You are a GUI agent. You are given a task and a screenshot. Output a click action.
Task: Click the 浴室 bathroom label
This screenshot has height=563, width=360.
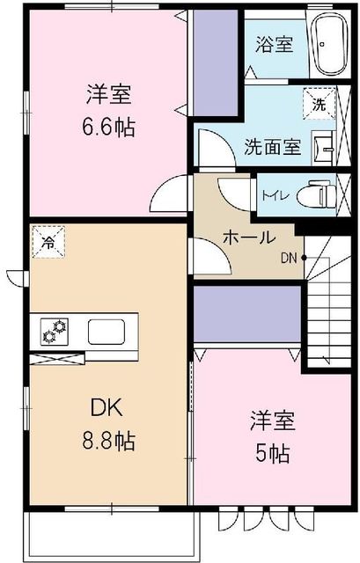pos(275,43)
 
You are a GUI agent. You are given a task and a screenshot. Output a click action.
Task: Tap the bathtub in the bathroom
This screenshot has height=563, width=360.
pos(333,46)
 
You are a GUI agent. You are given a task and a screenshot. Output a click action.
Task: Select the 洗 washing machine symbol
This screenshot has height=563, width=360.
pos(318,104)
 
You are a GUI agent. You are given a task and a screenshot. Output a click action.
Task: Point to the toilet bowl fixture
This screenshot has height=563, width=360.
pos(318,194)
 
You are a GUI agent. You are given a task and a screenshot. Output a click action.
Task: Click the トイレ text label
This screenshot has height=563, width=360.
pos(269,192)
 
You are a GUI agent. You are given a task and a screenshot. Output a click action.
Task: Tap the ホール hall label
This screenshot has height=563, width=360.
pos(250,237)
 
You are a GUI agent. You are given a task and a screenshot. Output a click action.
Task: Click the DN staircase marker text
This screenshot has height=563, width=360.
pos(289,258)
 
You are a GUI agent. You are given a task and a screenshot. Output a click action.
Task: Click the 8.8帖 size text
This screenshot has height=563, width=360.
pos(110,440)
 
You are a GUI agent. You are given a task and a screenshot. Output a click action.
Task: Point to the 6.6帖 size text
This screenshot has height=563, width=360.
pos(110,126)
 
